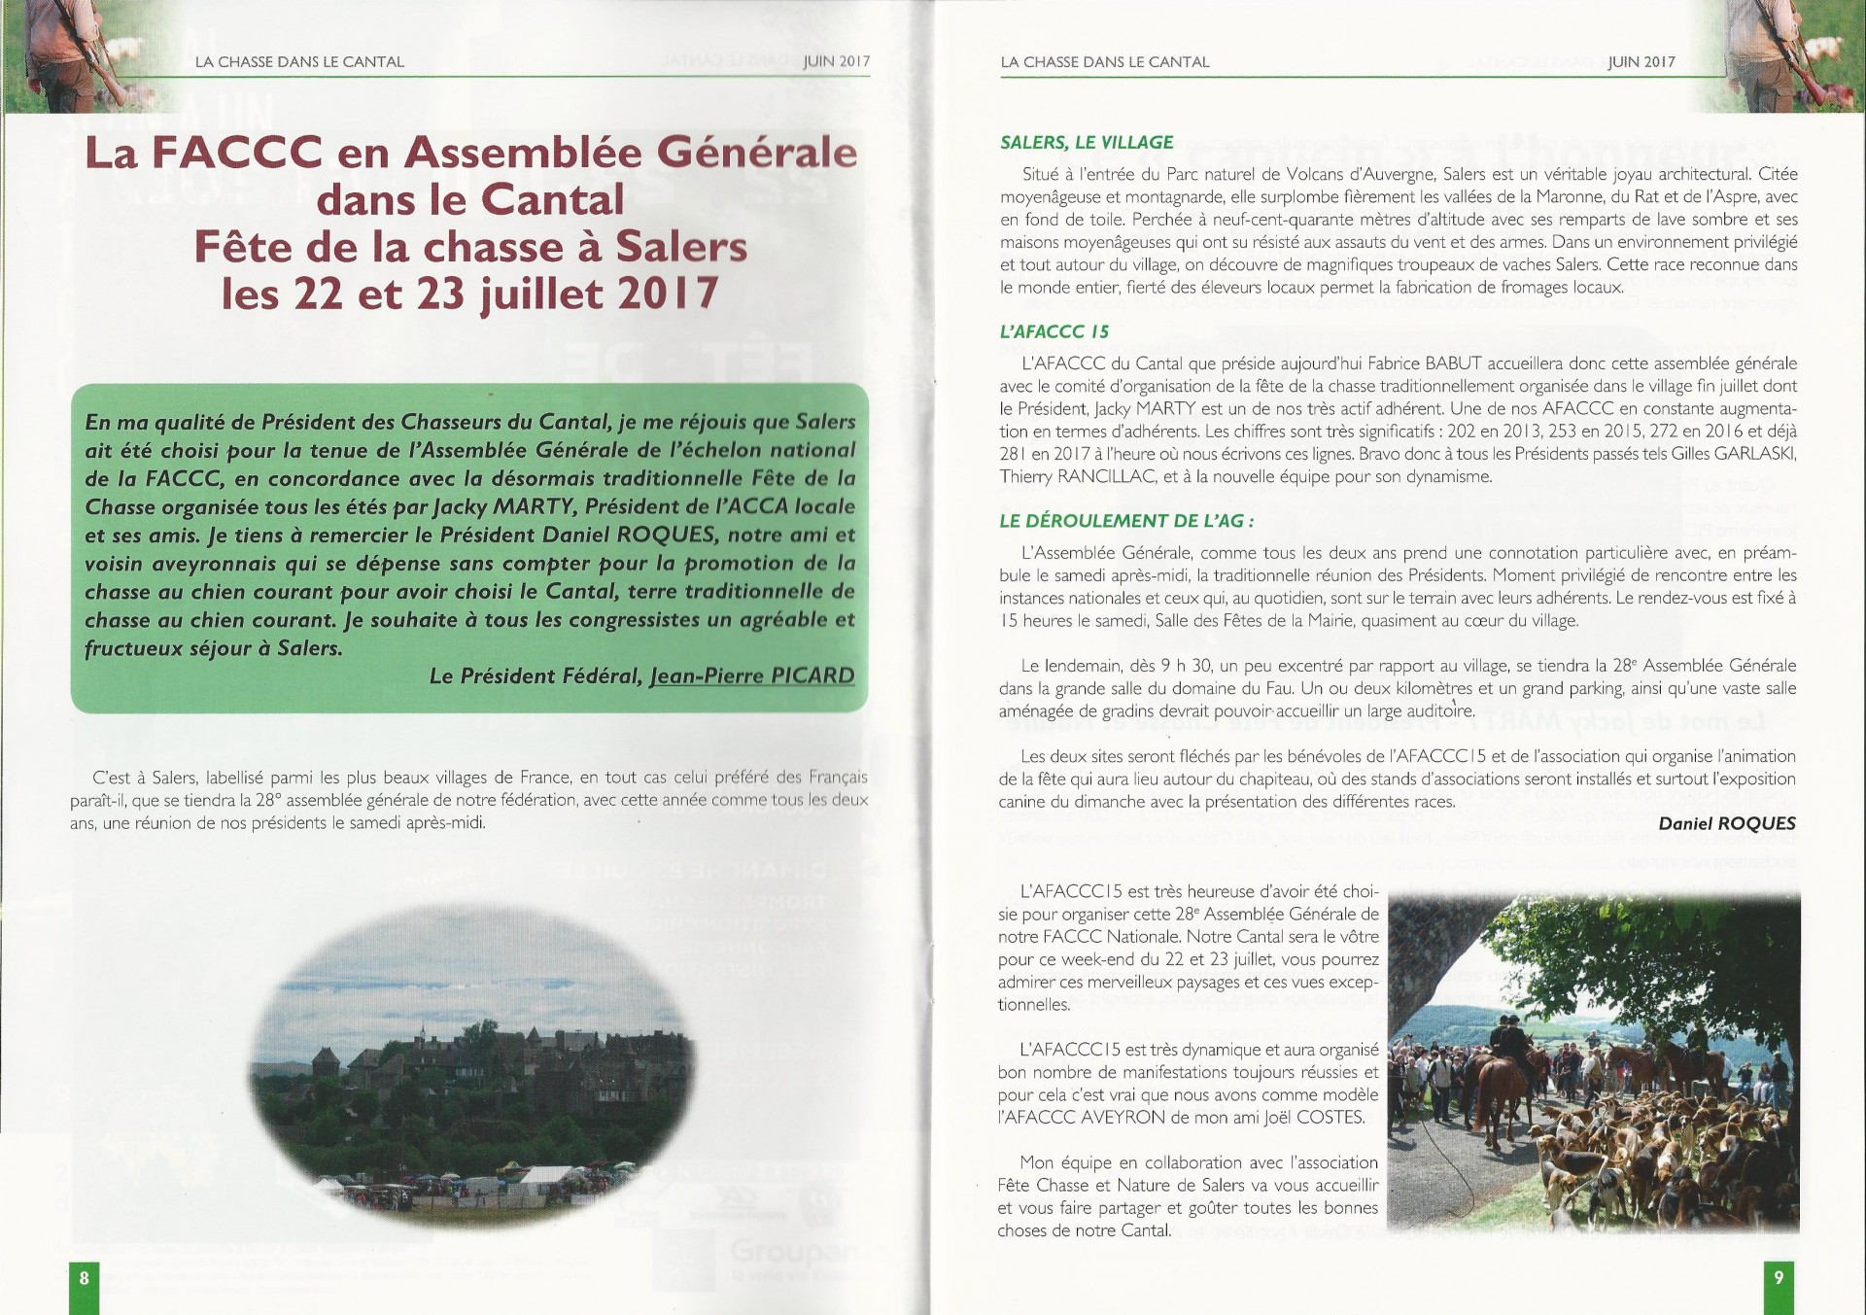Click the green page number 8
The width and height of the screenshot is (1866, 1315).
[84, 1278]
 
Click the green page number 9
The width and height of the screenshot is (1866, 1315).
[1779, 1278]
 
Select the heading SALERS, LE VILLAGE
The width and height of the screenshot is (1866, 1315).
[1087, 142]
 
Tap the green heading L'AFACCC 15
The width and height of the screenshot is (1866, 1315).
[1054, 331]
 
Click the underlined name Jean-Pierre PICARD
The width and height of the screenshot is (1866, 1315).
[751, 675]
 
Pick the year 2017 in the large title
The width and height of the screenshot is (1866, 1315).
[666, 294]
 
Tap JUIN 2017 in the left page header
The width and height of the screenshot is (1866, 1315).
[836, 61]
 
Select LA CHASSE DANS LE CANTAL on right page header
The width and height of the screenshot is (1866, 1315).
[1104, 61]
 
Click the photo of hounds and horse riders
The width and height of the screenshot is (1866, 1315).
[1593, 1061]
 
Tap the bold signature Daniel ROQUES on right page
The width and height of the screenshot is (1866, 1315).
[1726, 823]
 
